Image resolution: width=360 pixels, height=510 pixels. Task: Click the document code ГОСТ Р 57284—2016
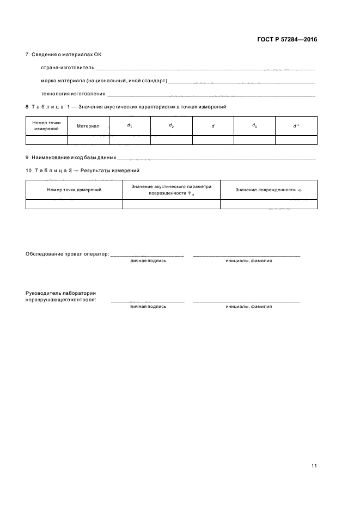(x=286, y=39)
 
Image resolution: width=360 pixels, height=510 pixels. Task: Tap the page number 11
(x=314, y=466)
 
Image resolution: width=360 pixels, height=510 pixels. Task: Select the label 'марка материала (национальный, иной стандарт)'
(x=104, y=81)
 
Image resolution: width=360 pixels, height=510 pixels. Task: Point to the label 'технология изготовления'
(x=74, y=94)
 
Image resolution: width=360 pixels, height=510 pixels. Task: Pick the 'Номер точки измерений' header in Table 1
(x=46, y=126)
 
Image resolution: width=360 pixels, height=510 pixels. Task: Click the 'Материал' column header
(x=88, y=126)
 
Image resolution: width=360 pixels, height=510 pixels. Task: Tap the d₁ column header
(x=130, y=125)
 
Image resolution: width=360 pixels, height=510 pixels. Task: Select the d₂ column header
(x=171, y=125)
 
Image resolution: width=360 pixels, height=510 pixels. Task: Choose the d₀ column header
(x=254, y=125)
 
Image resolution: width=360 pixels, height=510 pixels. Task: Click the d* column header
(x=296, y=126)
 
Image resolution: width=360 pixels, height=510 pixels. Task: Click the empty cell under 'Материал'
(x=88, y=140)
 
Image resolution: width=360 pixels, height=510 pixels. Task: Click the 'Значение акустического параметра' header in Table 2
(x=171, y=186)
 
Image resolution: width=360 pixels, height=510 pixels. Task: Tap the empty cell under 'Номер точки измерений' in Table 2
(x=74, y=204)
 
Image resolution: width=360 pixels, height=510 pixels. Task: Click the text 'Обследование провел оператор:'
(x=68, y=254)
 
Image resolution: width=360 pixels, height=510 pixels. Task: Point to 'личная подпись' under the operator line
(x=148, y=261)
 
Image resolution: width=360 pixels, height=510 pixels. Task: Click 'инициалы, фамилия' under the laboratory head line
(x=248, y=307)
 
